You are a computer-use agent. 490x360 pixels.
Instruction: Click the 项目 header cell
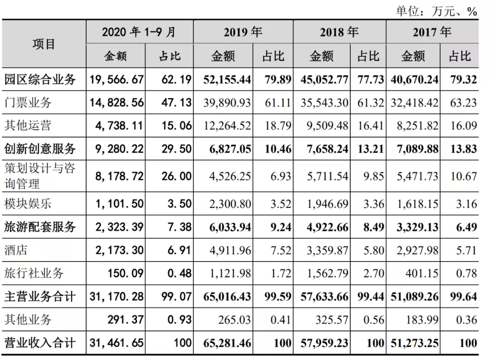tap(44, 44)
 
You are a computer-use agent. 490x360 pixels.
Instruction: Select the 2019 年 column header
tap(243, 32)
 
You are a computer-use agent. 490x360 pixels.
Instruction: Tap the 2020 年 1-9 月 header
tap(139, 32)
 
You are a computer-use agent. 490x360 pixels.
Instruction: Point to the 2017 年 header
tap(432, 32)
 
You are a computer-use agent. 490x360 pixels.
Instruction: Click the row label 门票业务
tap(28, 103)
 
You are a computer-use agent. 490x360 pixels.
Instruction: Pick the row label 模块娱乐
tap(28, 204)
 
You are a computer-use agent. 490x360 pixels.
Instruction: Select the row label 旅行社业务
tap(34, 273)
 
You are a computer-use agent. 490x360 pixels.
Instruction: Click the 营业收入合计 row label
tap(39, 343)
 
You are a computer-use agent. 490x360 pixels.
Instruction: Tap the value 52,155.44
tap(227, 79)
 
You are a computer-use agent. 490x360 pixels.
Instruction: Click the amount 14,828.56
tap(117, 103)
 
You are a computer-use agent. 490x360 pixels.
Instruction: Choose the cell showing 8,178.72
tap(119, 176)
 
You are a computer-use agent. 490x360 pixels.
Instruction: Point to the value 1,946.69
tap(328, 204)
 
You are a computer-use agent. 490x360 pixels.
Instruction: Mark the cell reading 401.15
tap(422, 273)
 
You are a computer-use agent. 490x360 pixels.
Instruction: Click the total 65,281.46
tap(227, 343)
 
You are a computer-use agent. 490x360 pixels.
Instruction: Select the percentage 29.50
tap(176, 149)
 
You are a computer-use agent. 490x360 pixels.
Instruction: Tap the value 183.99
tap(422, 320)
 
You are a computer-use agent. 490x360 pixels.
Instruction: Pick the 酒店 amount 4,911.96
tap(230, 250)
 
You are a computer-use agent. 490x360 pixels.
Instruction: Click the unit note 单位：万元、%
tap(436, 11)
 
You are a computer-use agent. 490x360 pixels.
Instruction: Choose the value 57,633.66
tap(324, 296)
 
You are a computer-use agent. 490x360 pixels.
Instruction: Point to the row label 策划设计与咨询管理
tap(39, 176)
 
